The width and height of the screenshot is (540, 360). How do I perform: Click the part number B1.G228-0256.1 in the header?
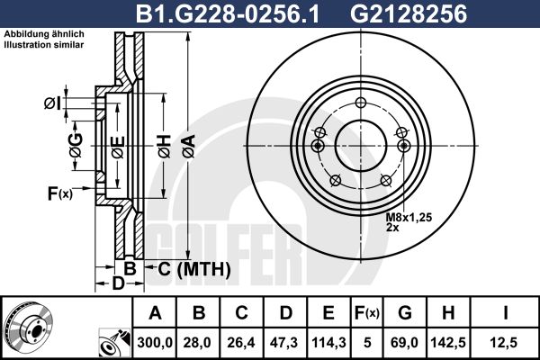pyautogui.click(x=228, y=14)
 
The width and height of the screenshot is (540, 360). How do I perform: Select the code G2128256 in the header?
pyautogui.click(x=409, y=14)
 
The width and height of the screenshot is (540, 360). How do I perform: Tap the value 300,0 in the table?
pyautogui.click(x=155, y=343)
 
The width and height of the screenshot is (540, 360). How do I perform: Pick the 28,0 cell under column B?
pyautogui.click(x=197, y=343)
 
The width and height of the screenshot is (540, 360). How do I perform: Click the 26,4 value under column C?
pyautogui.click(x=241, y=343)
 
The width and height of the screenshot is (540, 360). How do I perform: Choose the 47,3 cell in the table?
pyautogui.click(x=284, y=343)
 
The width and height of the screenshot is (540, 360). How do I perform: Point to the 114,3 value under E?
pyautogui.click(x=328, y=343)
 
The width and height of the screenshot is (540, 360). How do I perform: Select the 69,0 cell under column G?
pyautogui.click(x=404, y=343)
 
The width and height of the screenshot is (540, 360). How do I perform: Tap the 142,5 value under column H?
pyautogui.click(x=448, y=343)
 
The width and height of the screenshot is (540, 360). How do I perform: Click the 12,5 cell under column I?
pyautogui.click(x=503, y=343)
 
